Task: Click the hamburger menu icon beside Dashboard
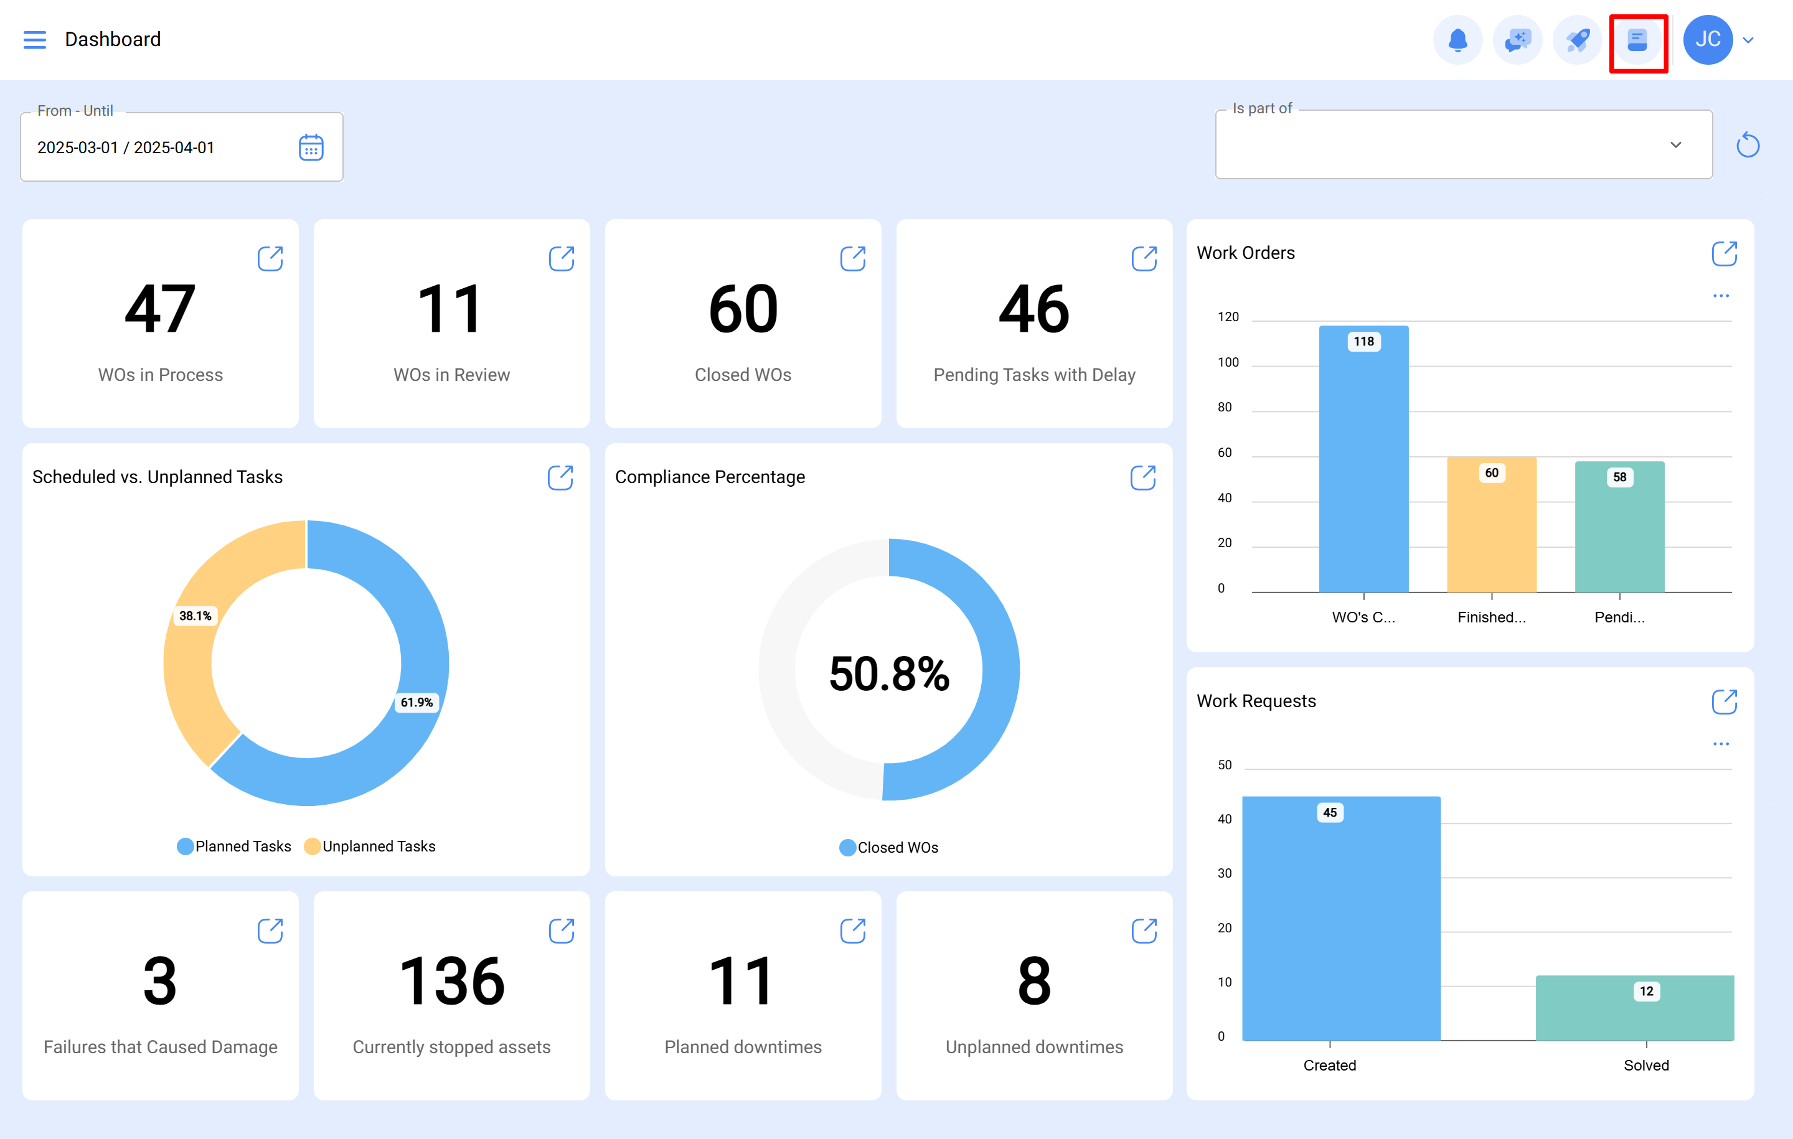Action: click(34, 39)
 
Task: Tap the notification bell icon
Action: click(1457, 39)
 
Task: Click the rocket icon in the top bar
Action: click(1577, 39)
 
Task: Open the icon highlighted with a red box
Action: click(1637, 40)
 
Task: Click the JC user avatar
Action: click(1707, 39)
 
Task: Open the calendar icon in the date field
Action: click(311, 148)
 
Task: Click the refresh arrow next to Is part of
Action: click(1748, 144)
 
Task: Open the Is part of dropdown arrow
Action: click(1675, 144)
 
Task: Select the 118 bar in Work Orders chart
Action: click(1363, 462)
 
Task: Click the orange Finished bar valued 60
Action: click(1492, 528)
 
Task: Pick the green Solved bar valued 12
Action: click(1634, 1009)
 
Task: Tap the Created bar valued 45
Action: click(1340, 923)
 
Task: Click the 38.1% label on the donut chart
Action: click(195, 616)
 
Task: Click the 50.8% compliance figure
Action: click(889, 673)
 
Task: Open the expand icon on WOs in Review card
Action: click(562, 258)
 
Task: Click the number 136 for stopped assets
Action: click(451, 981)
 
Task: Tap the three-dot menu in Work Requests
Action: click(1721, 744)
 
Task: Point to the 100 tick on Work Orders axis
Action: click(1228, 362)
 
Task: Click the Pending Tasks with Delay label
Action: click(1033, 375)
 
